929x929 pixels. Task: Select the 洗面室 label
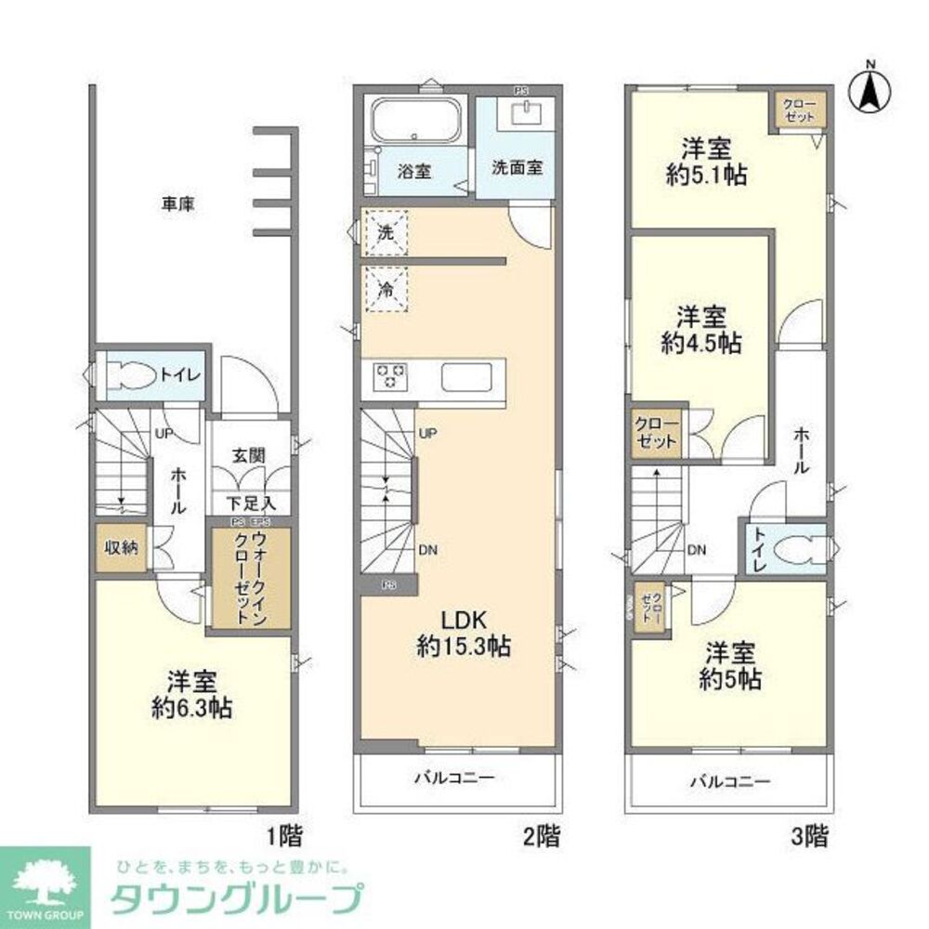517,169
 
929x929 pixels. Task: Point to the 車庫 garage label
177,202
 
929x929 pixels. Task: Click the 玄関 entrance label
249,455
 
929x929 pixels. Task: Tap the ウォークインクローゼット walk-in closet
250,578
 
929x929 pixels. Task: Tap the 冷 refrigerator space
386,289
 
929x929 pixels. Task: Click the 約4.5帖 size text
701,343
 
